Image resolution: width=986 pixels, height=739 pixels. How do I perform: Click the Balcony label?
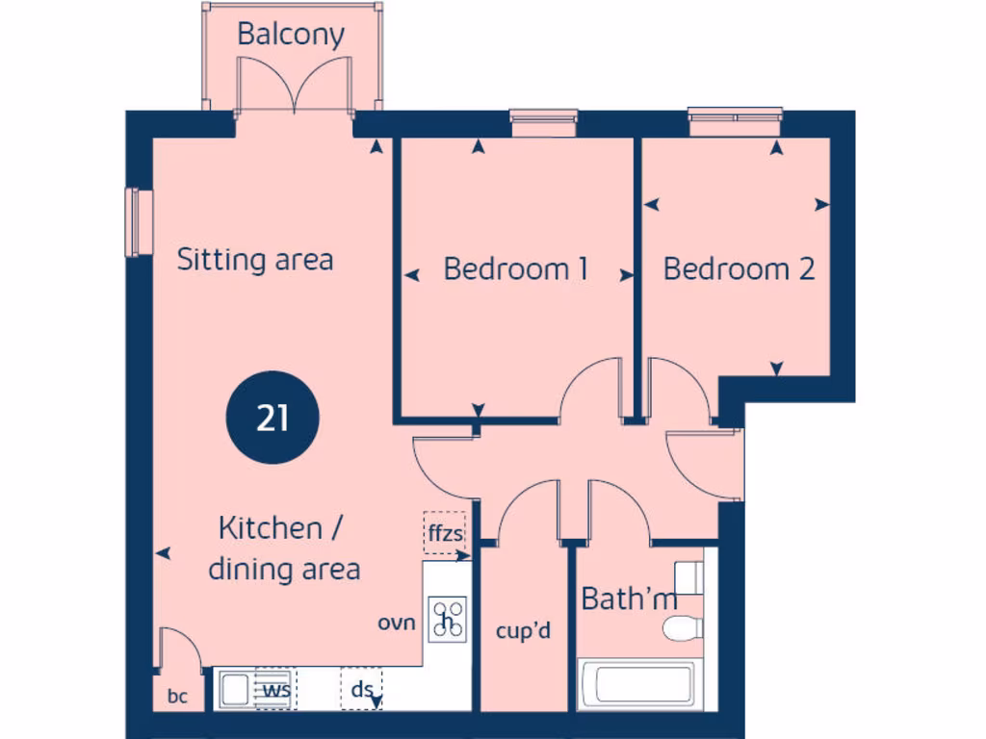point(291,35)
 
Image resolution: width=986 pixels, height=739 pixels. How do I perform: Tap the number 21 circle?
point(272,419)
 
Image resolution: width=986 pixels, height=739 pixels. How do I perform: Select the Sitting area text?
point(255,260)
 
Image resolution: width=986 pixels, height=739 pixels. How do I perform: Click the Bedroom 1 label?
point(516,268)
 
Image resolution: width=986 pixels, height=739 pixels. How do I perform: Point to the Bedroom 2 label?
point(739,268)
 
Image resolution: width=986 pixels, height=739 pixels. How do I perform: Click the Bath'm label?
point(629,599)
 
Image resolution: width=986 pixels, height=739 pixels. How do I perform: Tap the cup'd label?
point(523,632)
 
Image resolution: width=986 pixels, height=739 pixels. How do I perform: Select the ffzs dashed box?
point(444,532)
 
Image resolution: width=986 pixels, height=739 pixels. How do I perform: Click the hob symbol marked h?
point(448,620)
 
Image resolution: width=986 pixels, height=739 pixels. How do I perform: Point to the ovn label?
point(397,623)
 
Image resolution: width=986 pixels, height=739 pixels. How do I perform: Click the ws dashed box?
point(276,689)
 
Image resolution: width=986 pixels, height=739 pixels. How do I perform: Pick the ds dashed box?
point(362,689)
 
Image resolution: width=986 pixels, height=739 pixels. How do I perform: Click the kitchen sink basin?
point(234,689)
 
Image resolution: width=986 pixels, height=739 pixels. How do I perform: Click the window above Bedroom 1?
point(543,122)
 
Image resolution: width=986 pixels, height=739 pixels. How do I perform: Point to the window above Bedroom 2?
point(737,121)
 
